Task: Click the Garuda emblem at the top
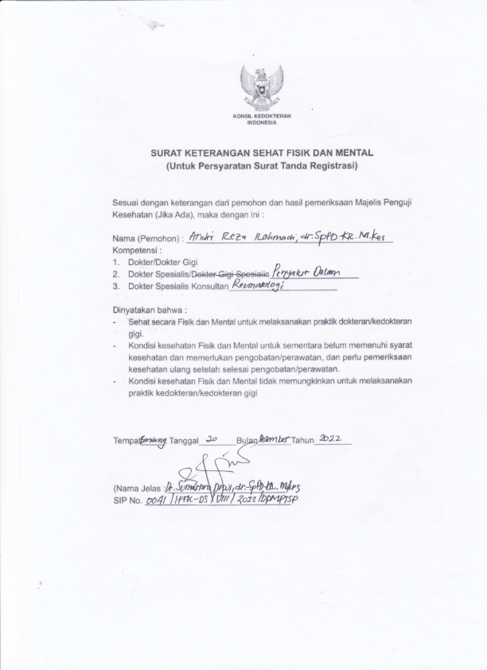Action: pyautogui.click(x=262, y=87)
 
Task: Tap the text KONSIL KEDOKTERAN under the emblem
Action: pyautogui.click(x=262, y=117)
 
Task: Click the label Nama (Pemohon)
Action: pyautogui.click(x=146, y=238)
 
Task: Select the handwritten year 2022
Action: pyautogui.click(x=329, y=438)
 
